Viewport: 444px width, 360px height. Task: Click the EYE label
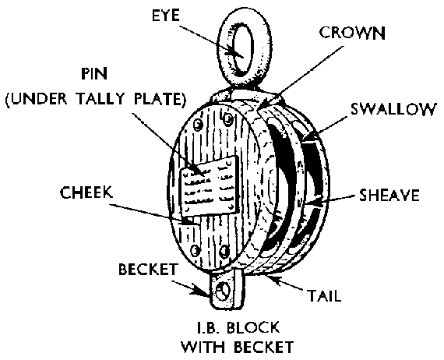(166, 15)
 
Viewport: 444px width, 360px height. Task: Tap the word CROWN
(352, 33)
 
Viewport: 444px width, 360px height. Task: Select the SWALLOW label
(393, 109)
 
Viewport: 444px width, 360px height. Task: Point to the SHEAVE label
(389, 195)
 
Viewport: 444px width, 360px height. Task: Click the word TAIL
(324, 295)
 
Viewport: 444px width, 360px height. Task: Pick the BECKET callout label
(148, 269)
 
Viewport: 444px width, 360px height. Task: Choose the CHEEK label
(86, 192)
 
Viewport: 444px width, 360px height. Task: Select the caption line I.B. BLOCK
(238, 328)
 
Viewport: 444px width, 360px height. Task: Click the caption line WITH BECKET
(238, 347)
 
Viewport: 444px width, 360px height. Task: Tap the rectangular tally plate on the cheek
(209, 186)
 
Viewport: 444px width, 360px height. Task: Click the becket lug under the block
(225, 289)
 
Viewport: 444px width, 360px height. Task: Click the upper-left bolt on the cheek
(199, 125)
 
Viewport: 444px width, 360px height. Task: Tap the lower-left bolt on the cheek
(195, 250)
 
